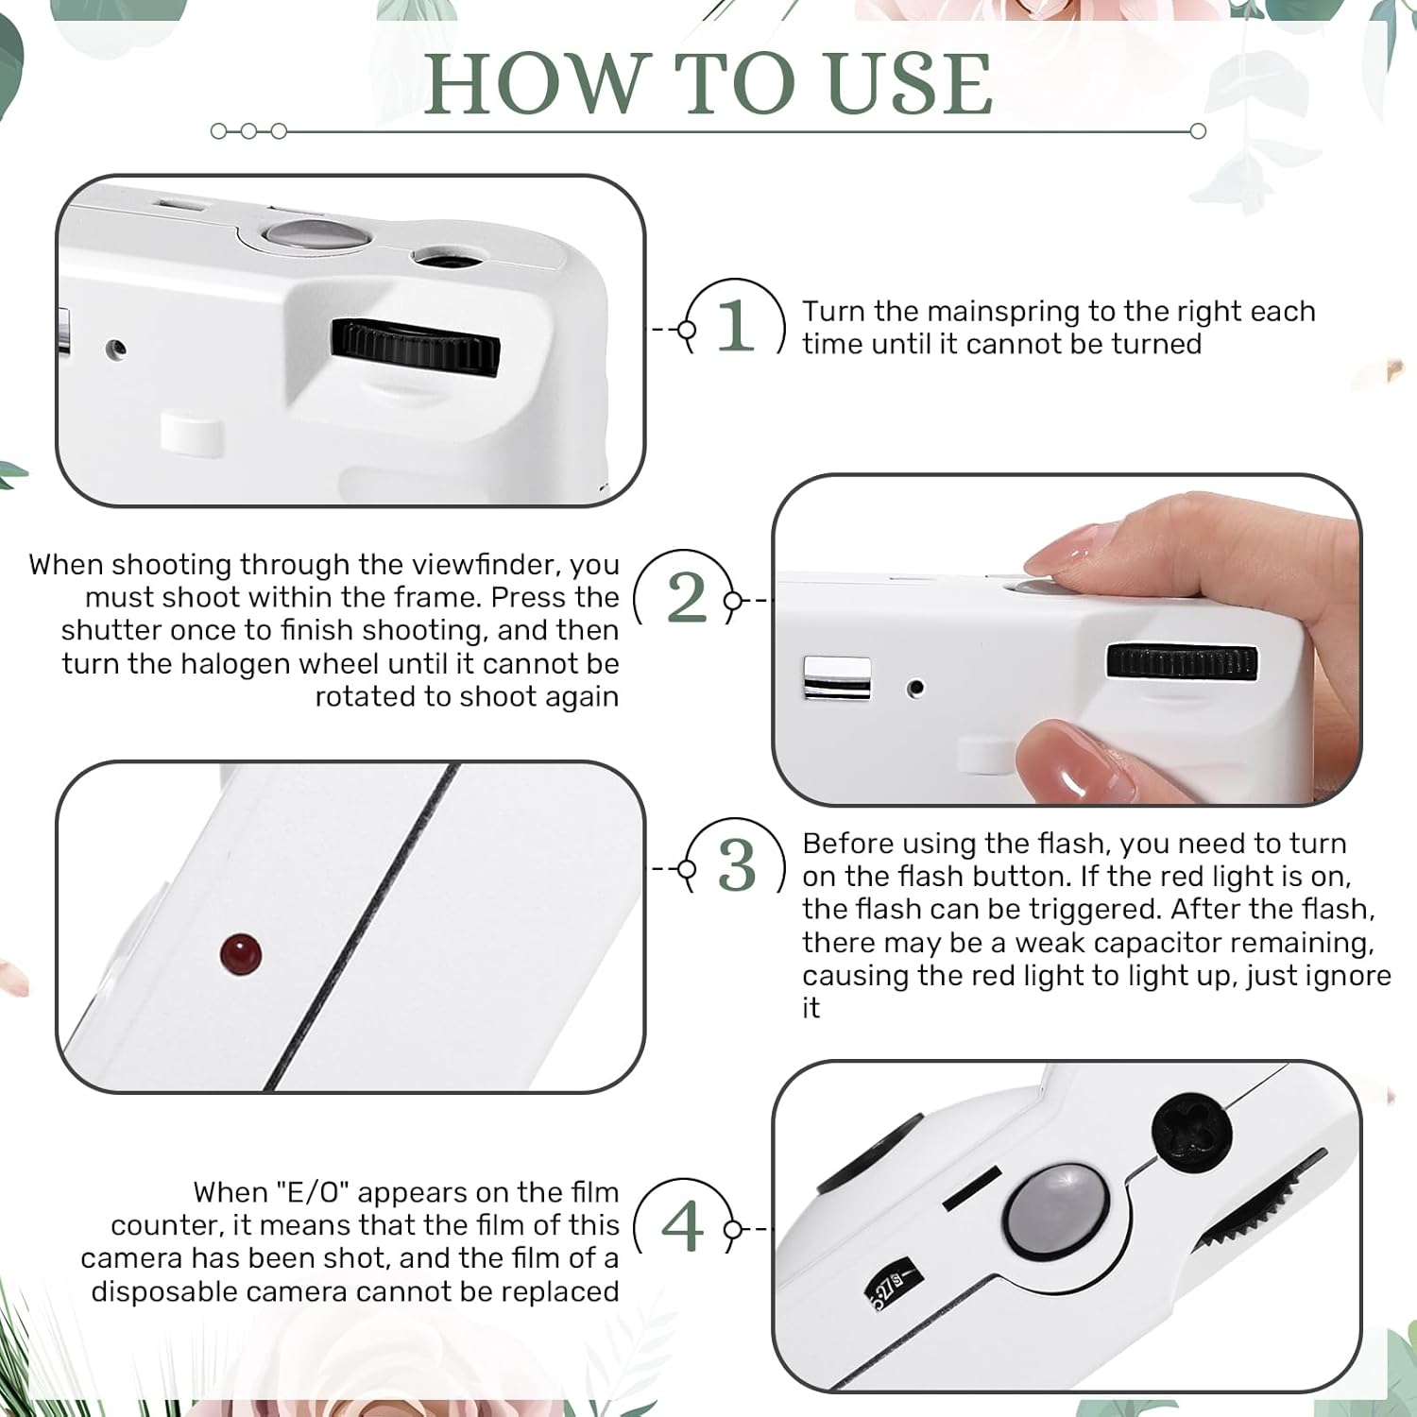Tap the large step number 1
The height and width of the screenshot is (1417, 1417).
736,326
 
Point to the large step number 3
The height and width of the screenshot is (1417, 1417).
737,865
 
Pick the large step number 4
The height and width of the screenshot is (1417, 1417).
683,1226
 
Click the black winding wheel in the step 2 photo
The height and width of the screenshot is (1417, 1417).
1182,661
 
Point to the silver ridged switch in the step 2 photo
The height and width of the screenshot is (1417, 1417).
837,678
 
